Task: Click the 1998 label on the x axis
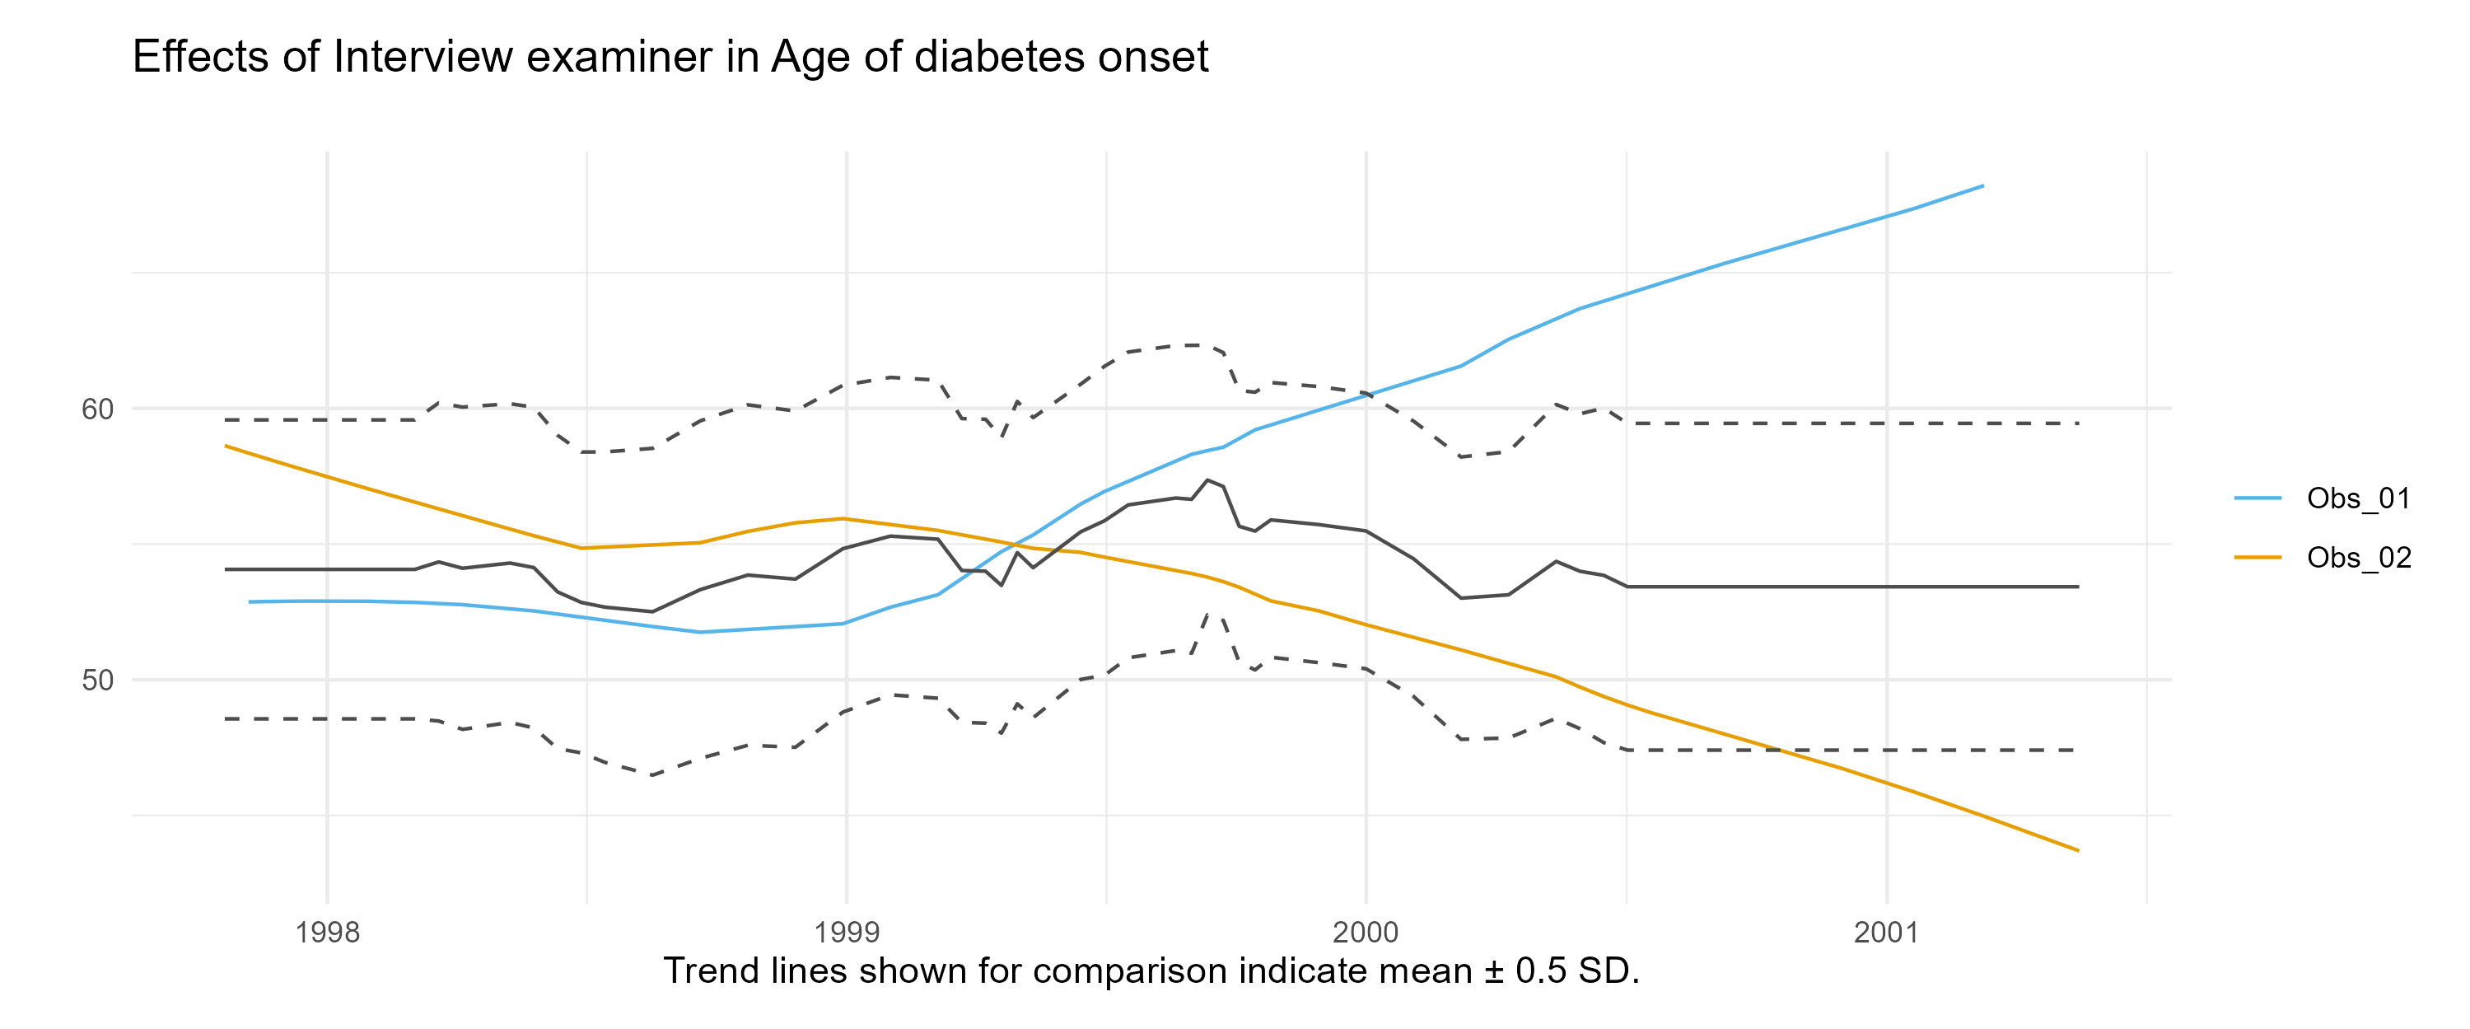[x=328, y=932]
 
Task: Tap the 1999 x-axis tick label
[x=847, y=932]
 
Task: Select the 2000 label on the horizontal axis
[x=1366, y=932]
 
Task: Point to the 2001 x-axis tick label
[x=1886, y=932]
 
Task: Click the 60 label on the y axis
[x=97, y=409]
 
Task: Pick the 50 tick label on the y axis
[x=97, y=681]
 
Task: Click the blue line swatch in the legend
[x=2258, y=498]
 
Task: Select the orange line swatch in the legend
[x=2258, y=557]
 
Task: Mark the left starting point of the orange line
[x=224, y=445]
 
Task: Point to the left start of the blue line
[x=249, y=601]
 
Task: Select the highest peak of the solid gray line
[x=1207, y=479]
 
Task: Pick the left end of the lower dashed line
[x=224, y=718]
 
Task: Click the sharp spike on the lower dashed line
[x=1215, y=610]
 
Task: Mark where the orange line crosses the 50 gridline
[x=1561, y=680]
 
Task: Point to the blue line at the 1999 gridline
[x=847, y=624]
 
